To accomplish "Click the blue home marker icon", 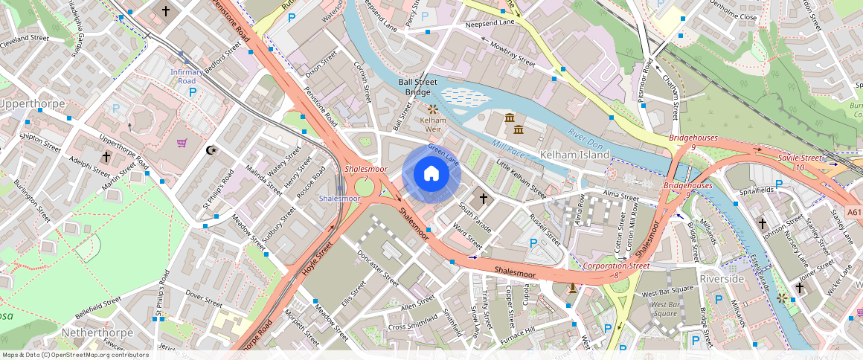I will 431,174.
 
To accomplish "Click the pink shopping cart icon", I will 182,143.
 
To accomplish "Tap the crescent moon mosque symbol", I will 211,150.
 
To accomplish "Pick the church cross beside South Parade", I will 484,199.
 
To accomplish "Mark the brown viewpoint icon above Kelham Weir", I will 432,109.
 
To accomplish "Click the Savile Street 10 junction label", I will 800,163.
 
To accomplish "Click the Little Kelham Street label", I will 522,179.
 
